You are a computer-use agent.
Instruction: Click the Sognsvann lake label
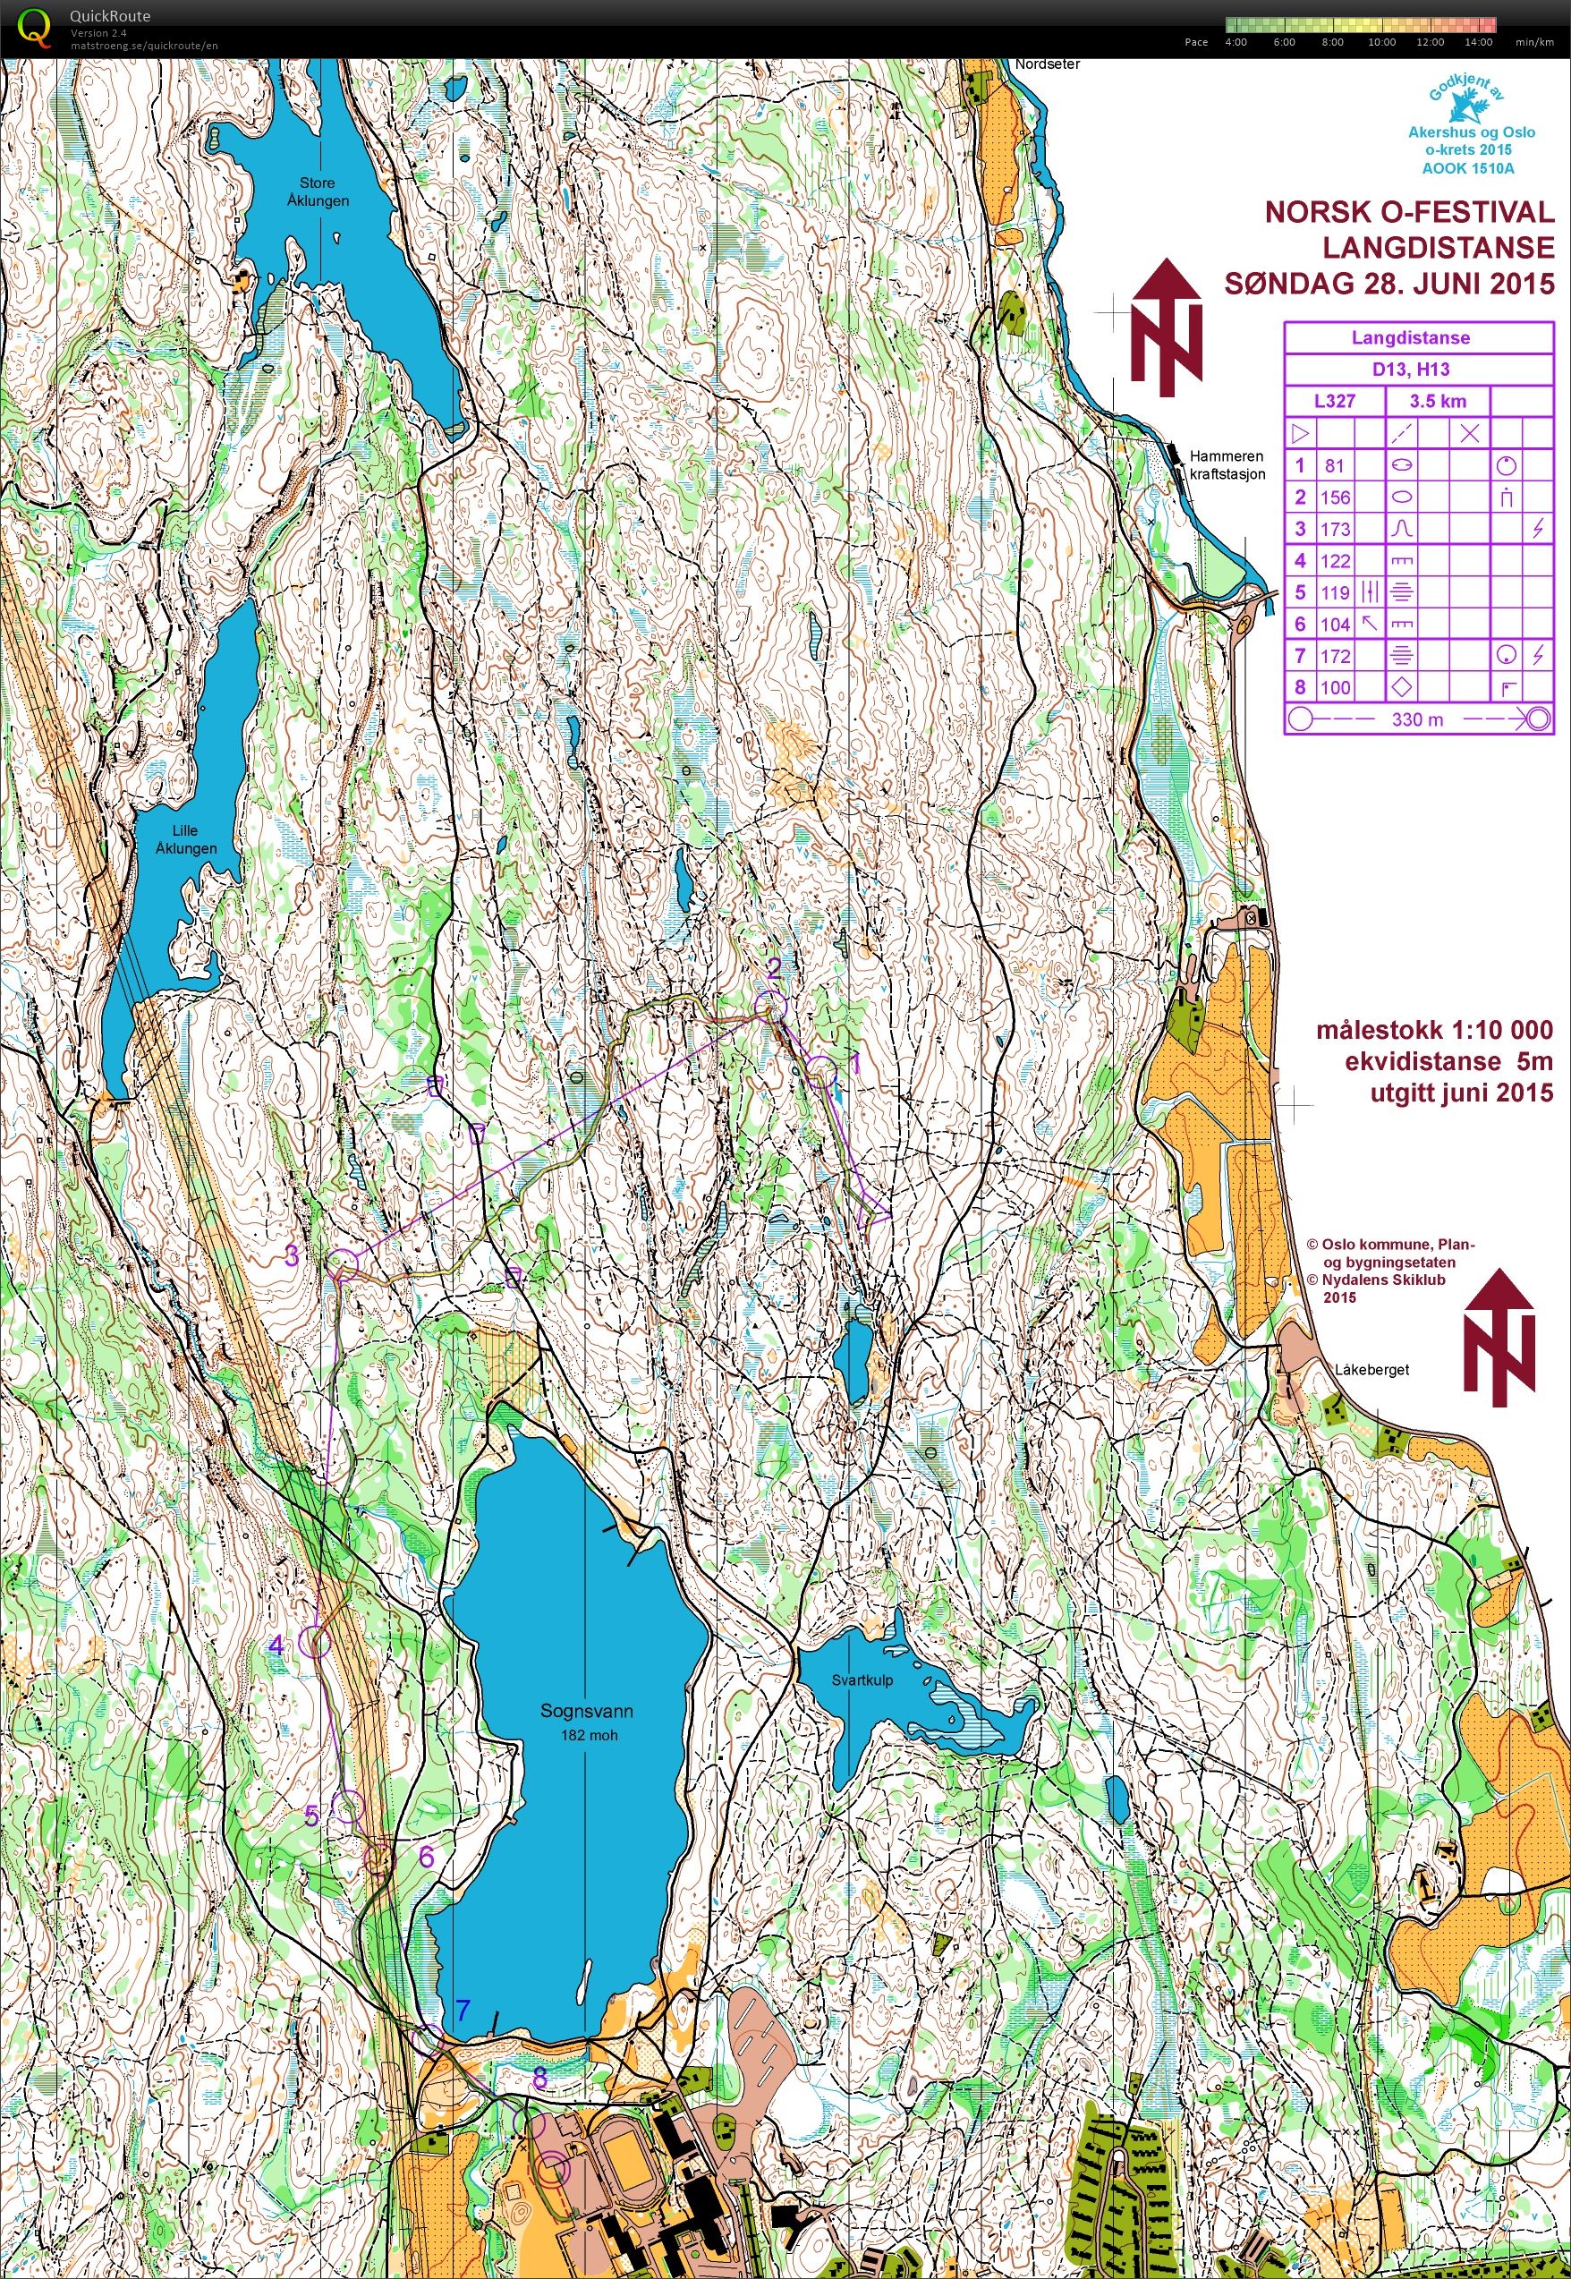tap(586, 1711)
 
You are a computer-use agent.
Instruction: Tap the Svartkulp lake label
tap(862, 1679)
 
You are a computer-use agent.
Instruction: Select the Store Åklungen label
tap(317, 191)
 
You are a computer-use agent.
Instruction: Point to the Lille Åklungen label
tap(185, 838)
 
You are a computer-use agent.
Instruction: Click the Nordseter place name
tap(1048, 64)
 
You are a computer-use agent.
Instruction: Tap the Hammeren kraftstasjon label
tap(1227, 464)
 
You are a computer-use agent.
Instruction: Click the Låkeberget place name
tap(1372, 1369)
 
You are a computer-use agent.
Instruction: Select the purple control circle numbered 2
tap(772, 1005)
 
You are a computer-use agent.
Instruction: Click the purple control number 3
tap(292, 1255)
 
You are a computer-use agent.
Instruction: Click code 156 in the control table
tap(1335, 497)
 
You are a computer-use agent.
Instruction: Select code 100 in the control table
tap(1335, 687)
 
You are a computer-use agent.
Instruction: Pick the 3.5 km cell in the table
tap(1437, 401)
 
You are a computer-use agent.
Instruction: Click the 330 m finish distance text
tap(1417, 719)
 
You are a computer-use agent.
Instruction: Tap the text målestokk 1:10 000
tap(1433, 1030)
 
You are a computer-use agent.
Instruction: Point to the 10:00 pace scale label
tap(1381, 42)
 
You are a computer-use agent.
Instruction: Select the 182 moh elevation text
tap(589, 1735)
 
